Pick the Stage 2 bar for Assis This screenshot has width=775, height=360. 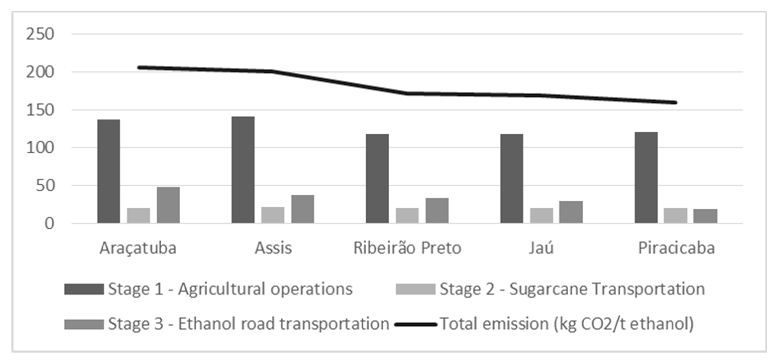273,215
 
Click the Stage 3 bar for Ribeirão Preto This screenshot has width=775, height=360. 437,210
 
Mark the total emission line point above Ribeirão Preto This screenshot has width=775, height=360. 407,94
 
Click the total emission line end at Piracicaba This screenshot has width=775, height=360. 676,102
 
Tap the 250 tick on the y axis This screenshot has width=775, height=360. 40,34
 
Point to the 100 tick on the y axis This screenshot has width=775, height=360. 40,148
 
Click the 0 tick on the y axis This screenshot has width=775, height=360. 49,224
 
